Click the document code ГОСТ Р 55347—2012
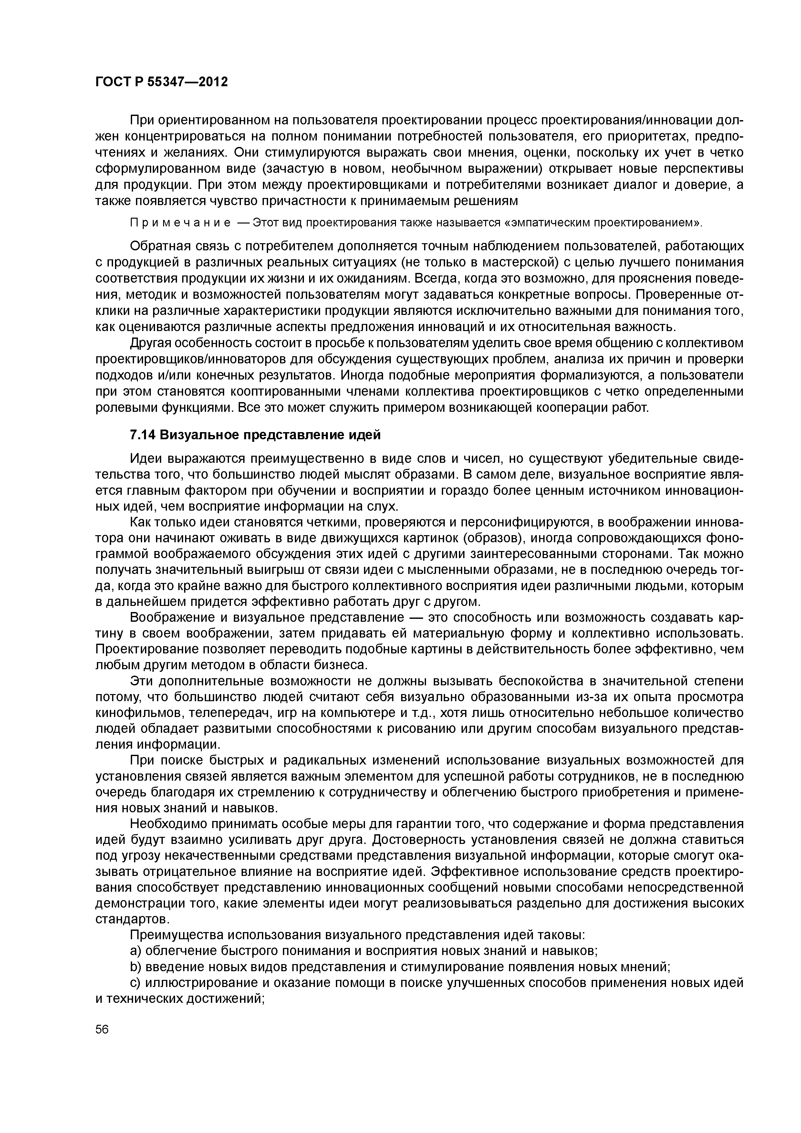(161, 82)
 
